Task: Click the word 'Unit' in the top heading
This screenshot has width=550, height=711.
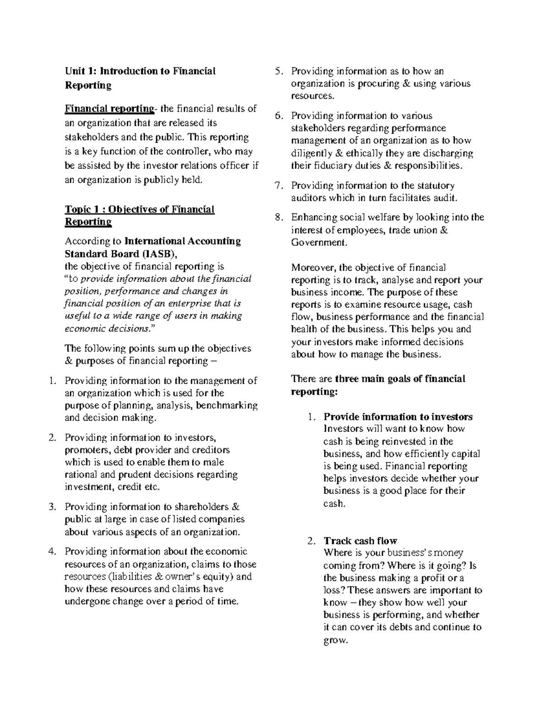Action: coord(74,71)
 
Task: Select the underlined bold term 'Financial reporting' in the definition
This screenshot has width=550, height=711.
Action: coord(109,109)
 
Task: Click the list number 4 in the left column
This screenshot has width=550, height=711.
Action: coord(52,552)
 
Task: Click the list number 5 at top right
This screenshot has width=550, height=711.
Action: coord(278,71)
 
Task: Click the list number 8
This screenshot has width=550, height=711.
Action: coord(278,217)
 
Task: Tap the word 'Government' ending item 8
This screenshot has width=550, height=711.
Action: coord(318,242)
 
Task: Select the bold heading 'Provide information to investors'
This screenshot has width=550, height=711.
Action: coord(398,417)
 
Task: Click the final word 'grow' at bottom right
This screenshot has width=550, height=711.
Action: coord(335,640)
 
